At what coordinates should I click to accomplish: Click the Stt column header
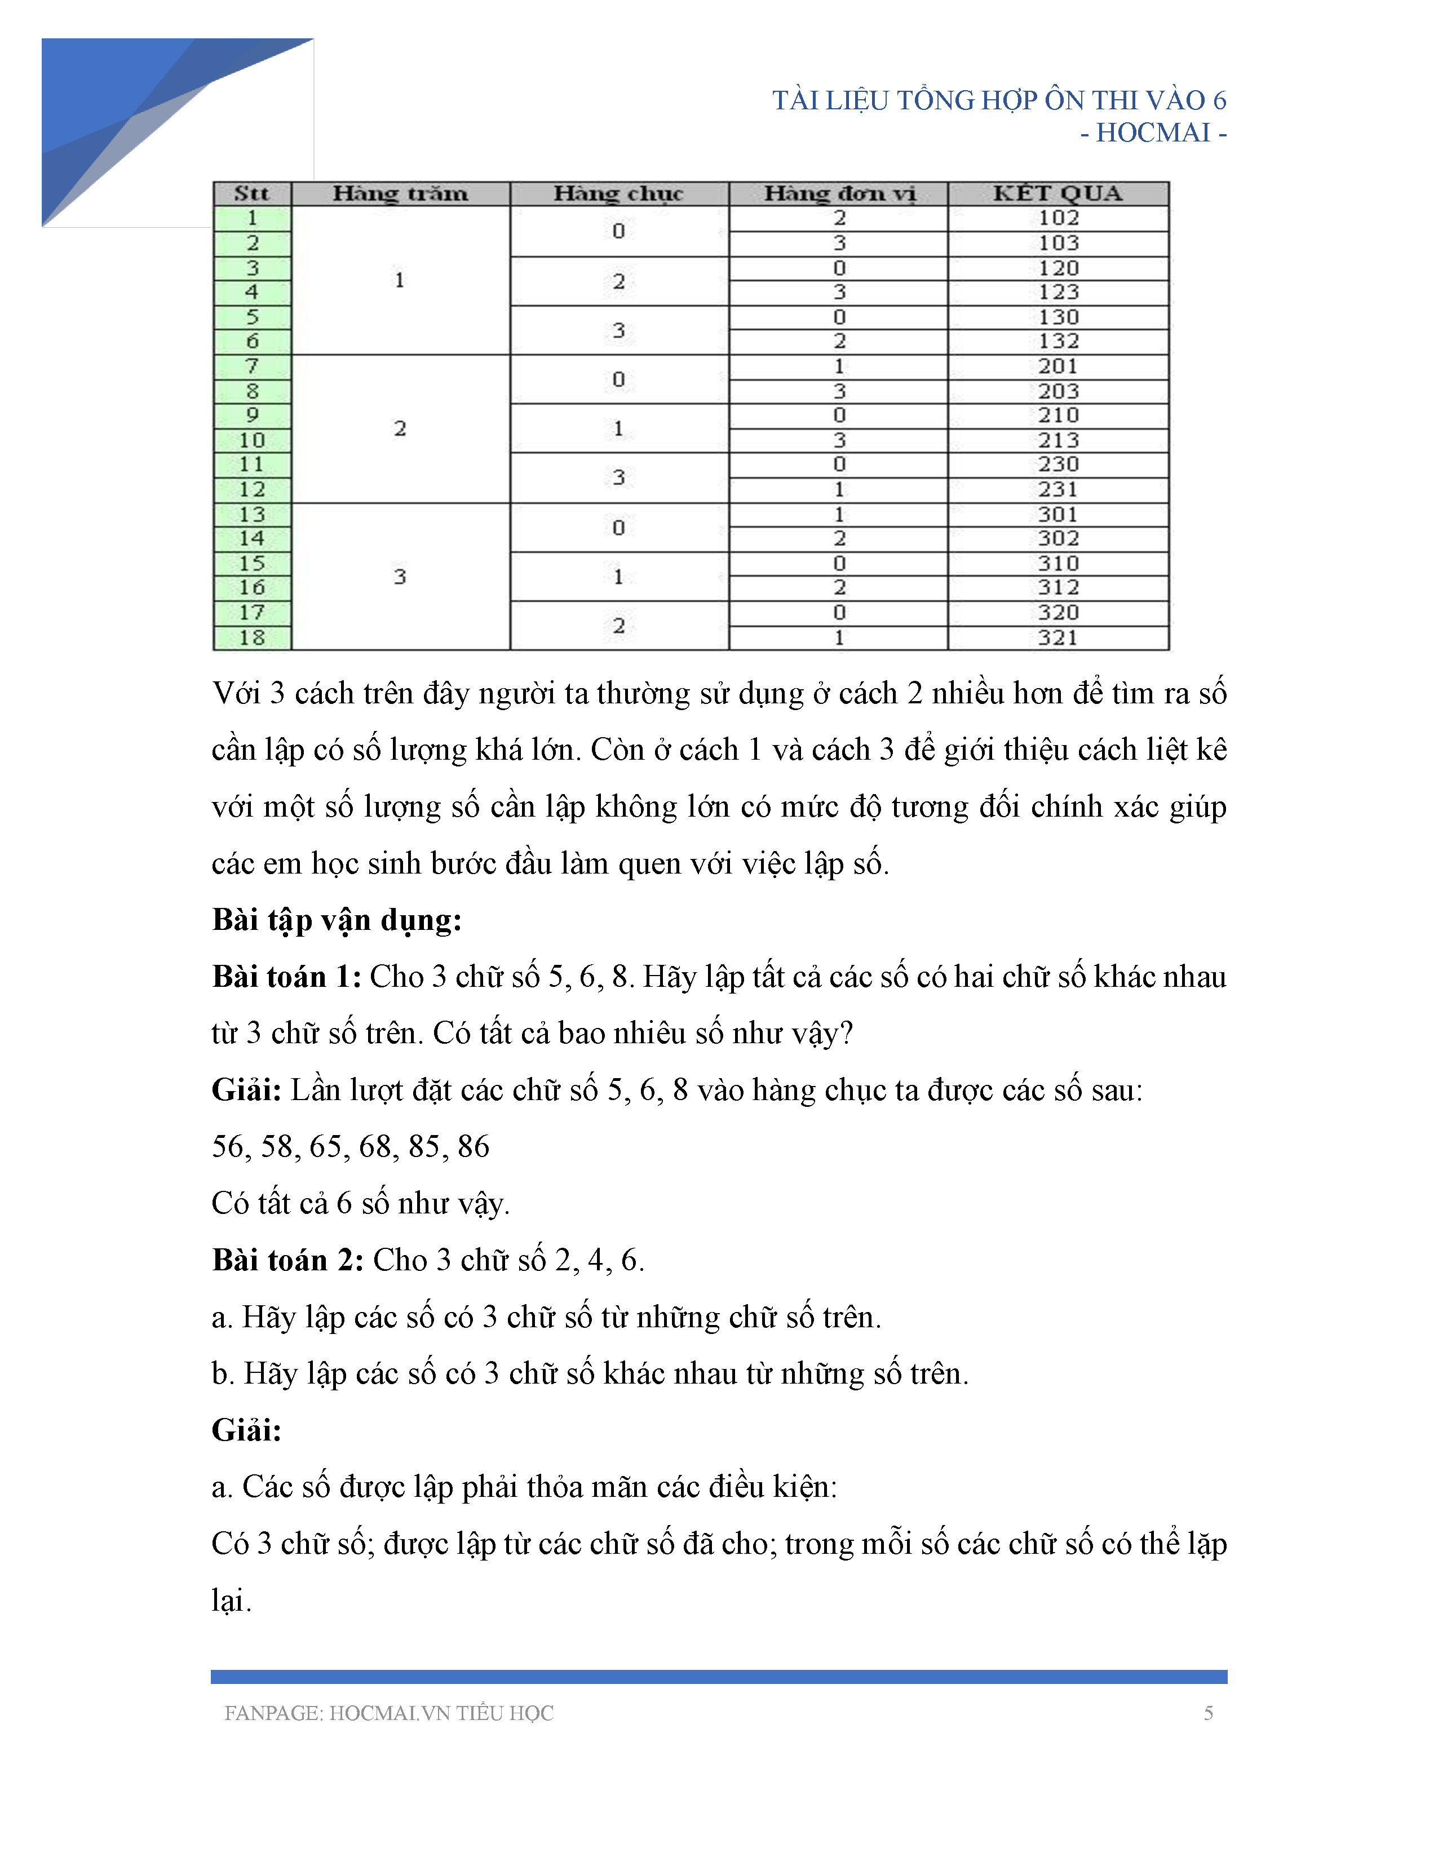[252, 194]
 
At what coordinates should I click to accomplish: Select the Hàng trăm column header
[400, 194]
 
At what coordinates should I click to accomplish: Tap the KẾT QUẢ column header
[1058, 194]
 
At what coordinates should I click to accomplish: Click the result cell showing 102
[1058, 219]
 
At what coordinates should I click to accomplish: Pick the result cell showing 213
[1058, 441]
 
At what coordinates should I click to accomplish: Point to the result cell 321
[1058, 638]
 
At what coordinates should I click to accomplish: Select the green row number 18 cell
[252, 638]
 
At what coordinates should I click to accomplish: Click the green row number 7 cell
[252, 366]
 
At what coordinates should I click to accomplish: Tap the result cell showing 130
[1058, 317]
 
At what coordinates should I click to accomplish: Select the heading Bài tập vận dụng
[337, 920]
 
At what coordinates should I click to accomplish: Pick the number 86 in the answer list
[473, 1147]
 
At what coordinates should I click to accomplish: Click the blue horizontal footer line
[719, 1677]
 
